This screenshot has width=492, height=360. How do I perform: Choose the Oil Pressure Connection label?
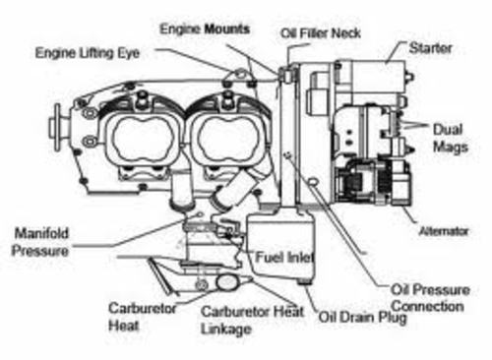click(426, 297)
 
